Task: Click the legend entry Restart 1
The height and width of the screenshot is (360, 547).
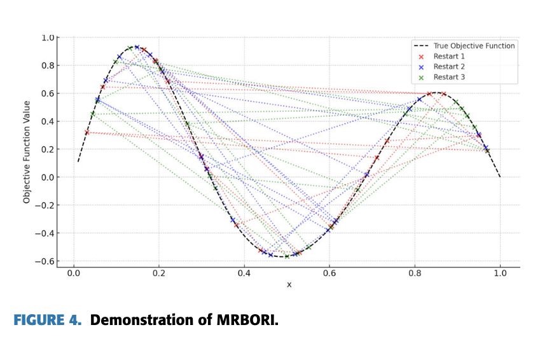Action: click(450, 56)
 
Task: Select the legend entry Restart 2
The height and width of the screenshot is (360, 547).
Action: click(450, 67)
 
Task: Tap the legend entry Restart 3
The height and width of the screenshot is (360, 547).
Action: click(450, 78)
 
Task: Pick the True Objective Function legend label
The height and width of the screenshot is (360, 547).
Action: click(474, 46)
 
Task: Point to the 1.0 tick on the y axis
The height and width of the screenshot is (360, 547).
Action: click(48, 38)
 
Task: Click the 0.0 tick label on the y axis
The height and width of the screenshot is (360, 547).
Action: click(48, 177)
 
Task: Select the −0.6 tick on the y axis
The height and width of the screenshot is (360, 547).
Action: click(46, 261)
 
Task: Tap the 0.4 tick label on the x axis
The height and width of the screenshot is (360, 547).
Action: click(244, 273)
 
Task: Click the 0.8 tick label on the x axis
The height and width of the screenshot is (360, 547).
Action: click(415, 273)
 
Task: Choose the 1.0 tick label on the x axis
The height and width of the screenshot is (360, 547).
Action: click(500, 273)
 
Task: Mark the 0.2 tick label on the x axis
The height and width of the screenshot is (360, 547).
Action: click(159, 273)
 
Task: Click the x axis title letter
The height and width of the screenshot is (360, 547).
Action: click(289, 284)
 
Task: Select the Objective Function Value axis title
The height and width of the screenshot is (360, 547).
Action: click(27, 151)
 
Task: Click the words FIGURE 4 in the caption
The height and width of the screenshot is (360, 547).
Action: click(47, 320)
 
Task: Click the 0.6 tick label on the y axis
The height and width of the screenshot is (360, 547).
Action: click(48, 93)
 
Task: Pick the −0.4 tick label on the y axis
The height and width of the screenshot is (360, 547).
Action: click(46, 233)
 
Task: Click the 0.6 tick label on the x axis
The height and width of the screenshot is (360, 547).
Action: click(329, 273)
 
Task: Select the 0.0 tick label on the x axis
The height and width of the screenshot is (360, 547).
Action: click(74, 273)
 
